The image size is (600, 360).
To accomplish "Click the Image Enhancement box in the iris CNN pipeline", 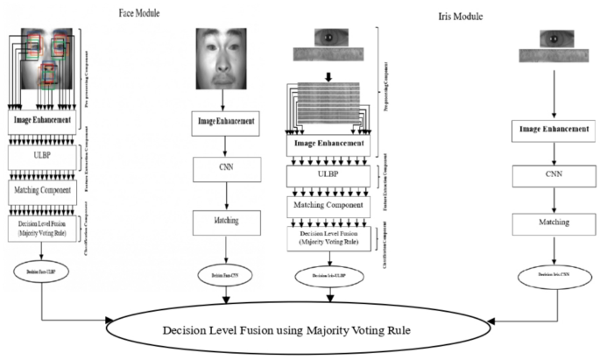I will tap(553, 130).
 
